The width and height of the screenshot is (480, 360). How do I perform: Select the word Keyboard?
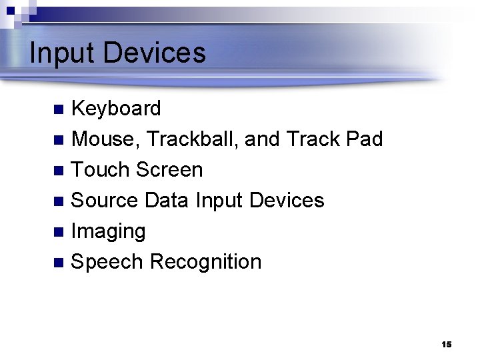tap(116, 109)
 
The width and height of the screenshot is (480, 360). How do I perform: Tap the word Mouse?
tap(105, 139)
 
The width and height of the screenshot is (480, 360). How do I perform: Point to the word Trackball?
tap(192, 139)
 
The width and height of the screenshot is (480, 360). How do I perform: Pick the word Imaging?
tap(108, 232)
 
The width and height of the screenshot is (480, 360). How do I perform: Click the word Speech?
tap(107, 262)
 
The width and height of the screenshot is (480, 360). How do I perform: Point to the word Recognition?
tap(206, 262)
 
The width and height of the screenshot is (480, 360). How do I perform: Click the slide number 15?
tap(446, 345)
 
